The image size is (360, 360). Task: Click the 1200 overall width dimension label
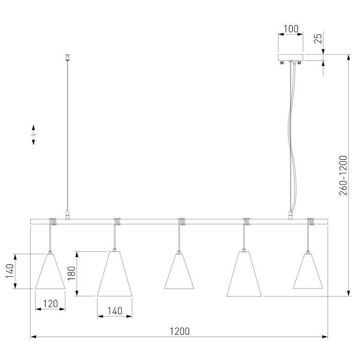180,331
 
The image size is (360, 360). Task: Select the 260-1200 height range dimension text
344,175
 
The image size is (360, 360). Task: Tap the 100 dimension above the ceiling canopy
290,29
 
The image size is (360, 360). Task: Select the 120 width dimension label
50,303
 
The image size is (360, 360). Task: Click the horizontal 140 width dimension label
115,311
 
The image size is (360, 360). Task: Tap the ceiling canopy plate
290,58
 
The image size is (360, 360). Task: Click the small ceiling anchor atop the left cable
67,58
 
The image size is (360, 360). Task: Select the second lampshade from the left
115,273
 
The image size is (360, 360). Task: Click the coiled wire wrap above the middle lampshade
183,222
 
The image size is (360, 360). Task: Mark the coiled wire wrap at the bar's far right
311,222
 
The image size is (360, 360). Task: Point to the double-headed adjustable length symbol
33,135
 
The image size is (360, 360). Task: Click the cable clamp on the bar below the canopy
290,214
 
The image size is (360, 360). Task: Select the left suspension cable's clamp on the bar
67,214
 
